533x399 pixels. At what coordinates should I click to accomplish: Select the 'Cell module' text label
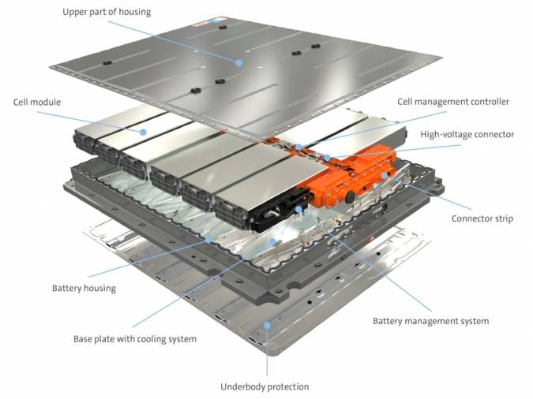pos(37,102)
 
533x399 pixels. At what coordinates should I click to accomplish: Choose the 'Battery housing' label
pos(84,288)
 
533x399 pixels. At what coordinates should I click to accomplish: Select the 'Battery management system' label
pos(430,321)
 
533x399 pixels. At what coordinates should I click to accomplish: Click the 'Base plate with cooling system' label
pos(135,339)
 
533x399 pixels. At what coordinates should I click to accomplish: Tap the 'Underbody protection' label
pos(265,386)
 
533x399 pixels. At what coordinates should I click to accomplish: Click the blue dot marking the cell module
pos(144,131)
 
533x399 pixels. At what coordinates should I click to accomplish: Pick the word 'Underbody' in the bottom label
pos(242,386)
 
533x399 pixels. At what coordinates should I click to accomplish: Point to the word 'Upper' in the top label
pos(76,12)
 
